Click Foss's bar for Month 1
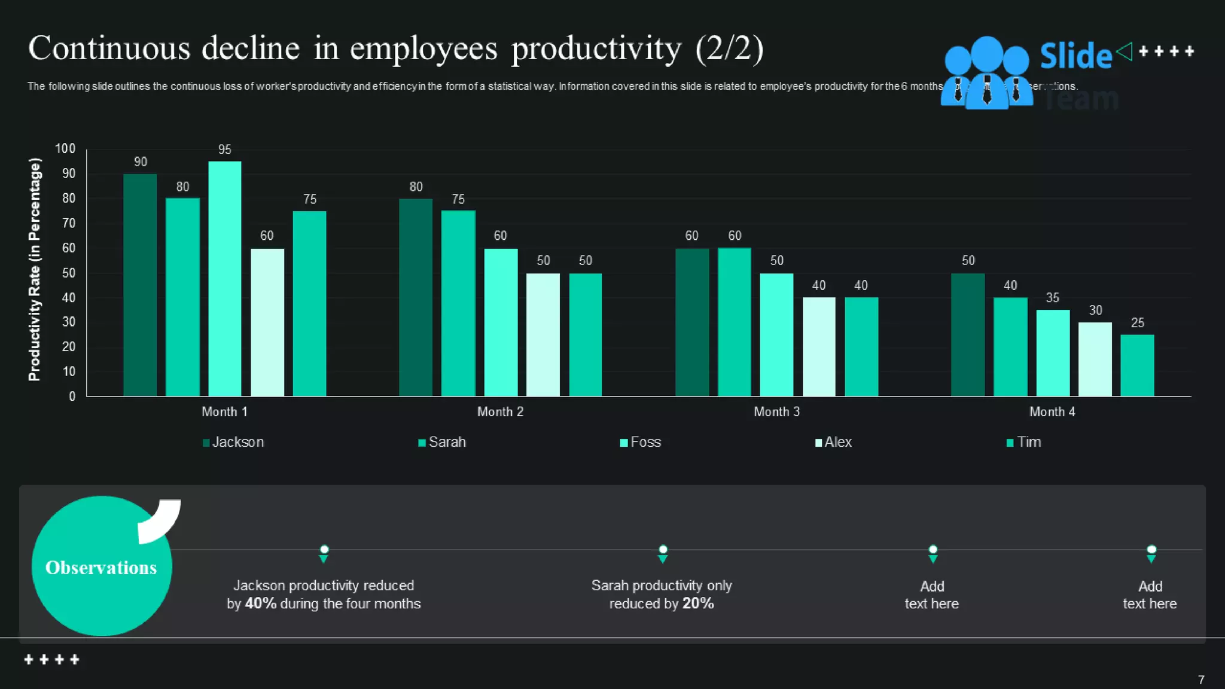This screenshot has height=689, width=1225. (224, 279)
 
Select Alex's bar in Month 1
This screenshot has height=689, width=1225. (267, 322)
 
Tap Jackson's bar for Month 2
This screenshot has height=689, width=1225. (415, 297)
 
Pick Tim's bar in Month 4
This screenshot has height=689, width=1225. (1137, 365)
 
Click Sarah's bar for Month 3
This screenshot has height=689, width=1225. (734, 322)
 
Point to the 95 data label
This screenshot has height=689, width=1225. (224, 150)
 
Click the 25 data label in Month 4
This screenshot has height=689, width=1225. (1137, 323)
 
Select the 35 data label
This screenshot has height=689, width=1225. (1052, 298)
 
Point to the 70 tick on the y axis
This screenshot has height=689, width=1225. (69, 223)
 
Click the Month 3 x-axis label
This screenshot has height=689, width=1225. (776, 411)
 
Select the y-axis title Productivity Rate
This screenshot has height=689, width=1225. (35, 269)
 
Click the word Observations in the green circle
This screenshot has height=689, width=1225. (101, 568)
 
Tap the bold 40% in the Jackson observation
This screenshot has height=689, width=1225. (260, 603)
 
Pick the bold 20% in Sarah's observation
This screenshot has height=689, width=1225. (698, 603)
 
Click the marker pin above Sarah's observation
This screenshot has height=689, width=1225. (663, 553)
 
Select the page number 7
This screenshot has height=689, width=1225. (1201, 680)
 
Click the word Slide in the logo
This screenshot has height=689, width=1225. (1075, 56)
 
